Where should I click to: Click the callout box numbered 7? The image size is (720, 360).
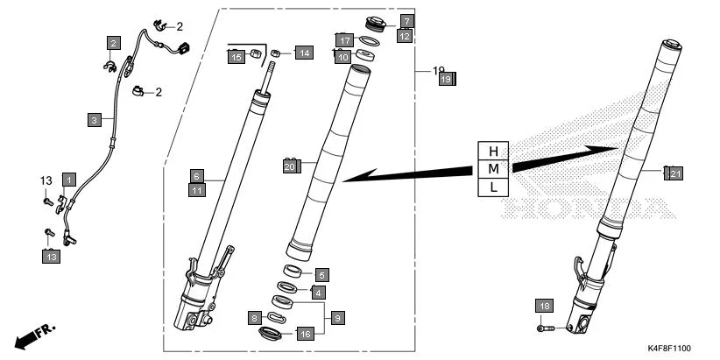406,20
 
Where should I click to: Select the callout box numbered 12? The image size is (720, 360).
404,36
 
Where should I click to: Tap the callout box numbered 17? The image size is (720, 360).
345,40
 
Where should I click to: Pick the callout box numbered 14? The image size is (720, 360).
302,53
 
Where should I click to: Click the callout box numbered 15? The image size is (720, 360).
236,57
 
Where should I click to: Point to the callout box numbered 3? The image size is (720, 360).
94,118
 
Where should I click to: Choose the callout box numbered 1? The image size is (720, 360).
68,180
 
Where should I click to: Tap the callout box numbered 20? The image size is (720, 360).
290,165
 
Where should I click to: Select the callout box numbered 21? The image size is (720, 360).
674,173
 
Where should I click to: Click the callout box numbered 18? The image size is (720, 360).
545,306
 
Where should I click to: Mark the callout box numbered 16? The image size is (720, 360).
304,334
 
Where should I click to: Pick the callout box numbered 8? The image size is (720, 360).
255,317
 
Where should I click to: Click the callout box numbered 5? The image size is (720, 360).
321,275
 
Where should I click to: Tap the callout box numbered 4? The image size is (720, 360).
318,292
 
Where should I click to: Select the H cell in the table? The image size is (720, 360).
493,151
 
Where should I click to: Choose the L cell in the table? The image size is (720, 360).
493,187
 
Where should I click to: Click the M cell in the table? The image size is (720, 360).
493,168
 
